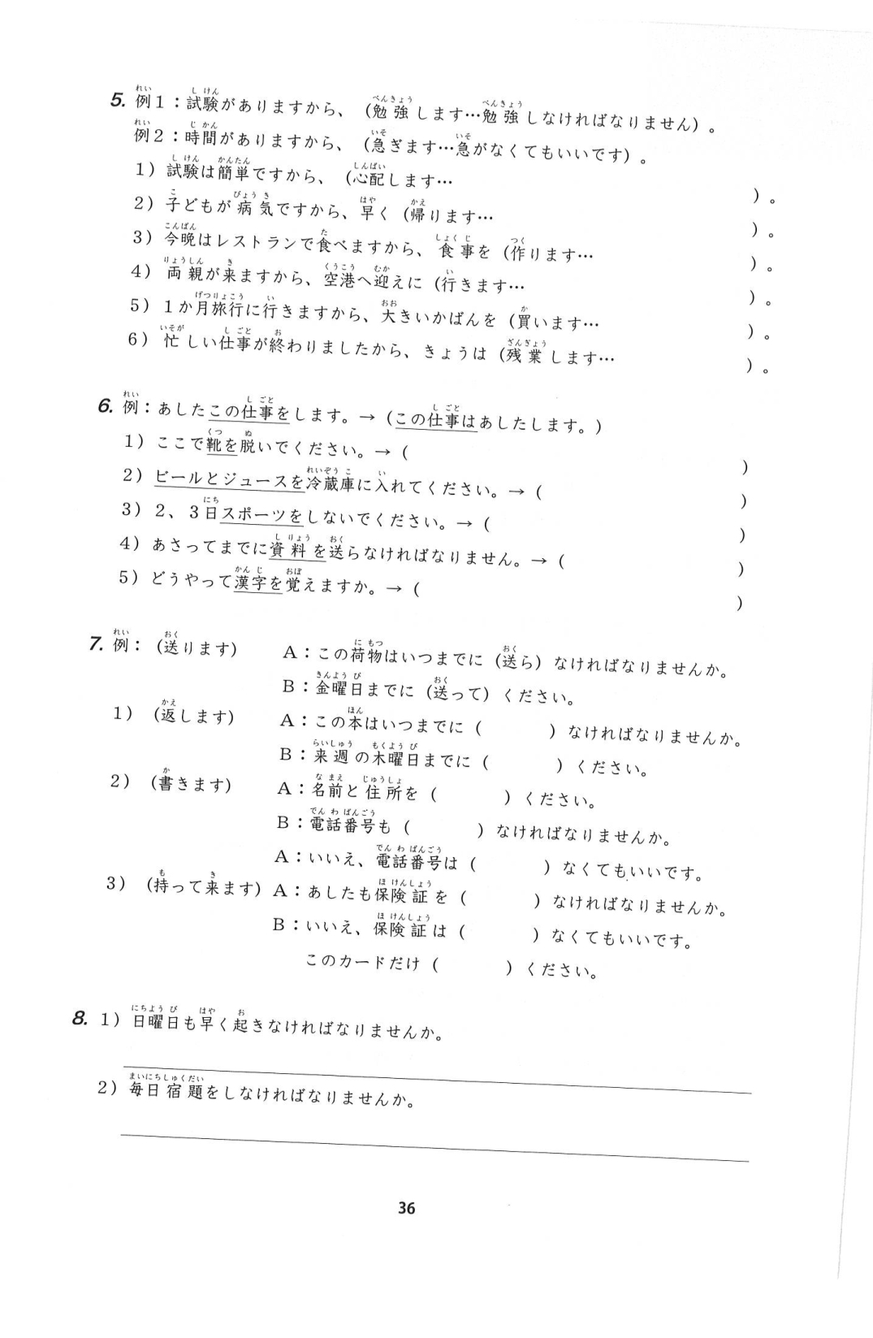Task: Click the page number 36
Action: point(407,1208)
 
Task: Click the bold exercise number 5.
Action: point(117,102)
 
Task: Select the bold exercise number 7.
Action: point(96,645)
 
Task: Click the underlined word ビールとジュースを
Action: point(229,480)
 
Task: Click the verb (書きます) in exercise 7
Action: point(191,784)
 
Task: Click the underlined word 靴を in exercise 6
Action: point(222,444)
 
